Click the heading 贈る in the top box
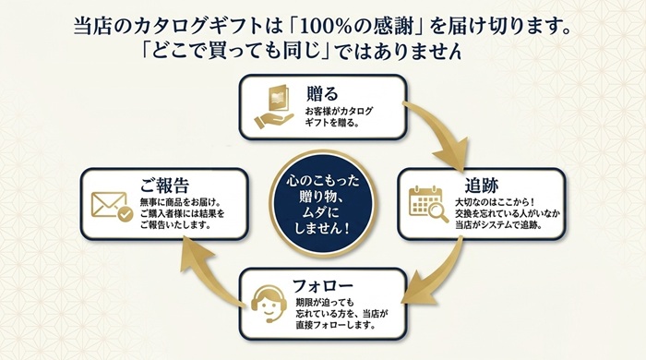click(322, 93)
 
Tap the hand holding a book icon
click(273, 107)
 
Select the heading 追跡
click(482, 186)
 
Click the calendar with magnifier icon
click(428, 204)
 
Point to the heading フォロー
click(323, 285)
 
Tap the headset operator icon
click(269, 304)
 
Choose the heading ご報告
click(164, 185)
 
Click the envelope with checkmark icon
click(112, 207)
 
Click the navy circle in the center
click(322, 204)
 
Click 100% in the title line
click(334, 27)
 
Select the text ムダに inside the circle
click(321, 212)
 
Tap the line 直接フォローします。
click(335, 325)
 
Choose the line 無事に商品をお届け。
click(181, 202)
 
